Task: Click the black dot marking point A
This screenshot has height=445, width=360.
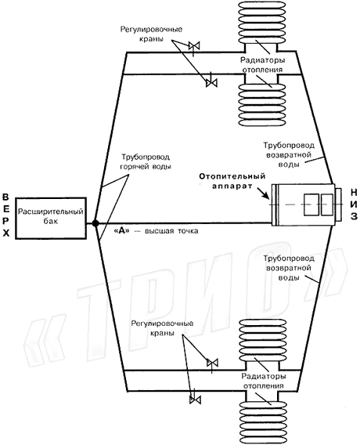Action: point(95,223)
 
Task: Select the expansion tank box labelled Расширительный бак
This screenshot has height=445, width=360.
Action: point(51,218)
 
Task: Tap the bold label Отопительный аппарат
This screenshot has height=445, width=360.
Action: point(232,181)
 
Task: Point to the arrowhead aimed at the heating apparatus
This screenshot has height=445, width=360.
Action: point(266,196)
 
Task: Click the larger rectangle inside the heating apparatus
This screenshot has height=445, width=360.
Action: point(311,204)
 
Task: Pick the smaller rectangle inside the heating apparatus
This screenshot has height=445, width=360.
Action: point(327,204)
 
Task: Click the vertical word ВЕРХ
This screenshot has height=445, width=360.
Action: point(6,215)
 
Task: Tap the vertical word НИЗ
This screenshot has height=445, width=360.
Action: point(354,204)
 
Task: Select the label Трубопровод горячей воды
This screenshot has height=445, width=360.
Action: point(146,161)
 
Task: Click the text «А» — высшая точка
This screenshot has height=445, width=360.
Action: point(156,231)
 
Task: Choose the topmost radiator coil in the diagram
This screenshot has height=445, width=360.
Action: point(261,22)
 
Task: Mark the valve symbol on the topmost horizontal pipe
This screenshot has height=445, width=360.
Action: point(194,45)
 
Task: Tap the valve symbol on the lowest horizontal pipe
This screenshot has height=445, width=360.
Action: point(195,400)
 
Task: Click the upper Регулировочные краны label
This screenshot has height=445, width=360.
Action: point(151,34)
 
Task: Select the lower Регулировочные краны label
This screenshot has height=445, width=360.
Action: point(163,328)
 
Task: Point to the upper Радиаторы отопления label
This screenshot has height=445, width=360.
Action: point(262,65)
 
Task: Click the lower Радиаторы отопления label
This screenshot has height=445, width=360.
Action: point(264,381)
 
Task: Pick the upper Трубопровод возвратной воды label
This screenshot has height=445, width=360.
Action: point(289,154)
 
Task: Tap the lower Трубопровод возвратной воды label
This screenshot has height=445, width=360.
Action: point(289,268)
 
